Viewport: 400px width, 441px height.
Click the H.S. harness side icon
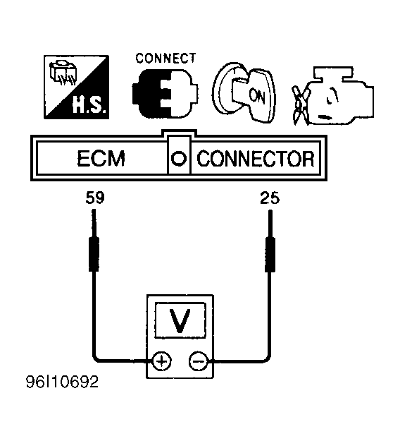(x=76, y=87)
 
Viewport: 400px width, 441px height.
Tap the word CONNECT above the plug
(x=165, y=59)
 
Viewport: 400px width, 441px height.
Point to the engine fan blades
(x=300, y=105)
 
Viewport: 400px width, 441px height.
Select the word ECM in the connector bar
(x=101, y=159)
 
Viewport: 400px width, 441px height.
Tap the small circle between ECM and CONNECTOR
(x=179, y=158)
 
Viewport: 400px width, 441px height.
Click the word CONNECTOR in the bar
(x=256, y=159)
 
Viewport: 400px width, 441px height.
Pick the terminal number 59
(x=95, y=198)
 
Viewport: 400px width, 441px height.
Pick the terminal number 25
(x=270, y=198)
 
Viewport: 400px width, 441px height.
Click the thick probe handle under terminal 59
(x=94, y=254)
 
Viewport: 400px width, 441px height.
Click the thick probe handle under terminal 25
(x=270, y=255)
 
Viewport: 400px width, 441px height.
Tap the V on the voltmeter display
(x=180, y=320)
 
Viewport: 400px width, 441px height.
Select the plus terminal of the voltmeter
(x=161, y=361)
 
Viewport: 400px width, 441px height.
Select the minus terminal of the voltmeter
(x=199, y=361)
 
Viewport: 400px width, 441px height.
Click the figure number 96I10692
(x=62, y=382)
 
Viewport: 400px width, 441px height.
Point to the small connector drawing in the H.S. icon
(x=62, y=72)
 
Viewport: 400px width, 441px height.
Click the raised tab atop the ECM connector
(x=179, y=133)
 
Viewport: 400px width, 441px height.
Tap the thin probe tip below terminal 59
(x=94, y=223)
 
